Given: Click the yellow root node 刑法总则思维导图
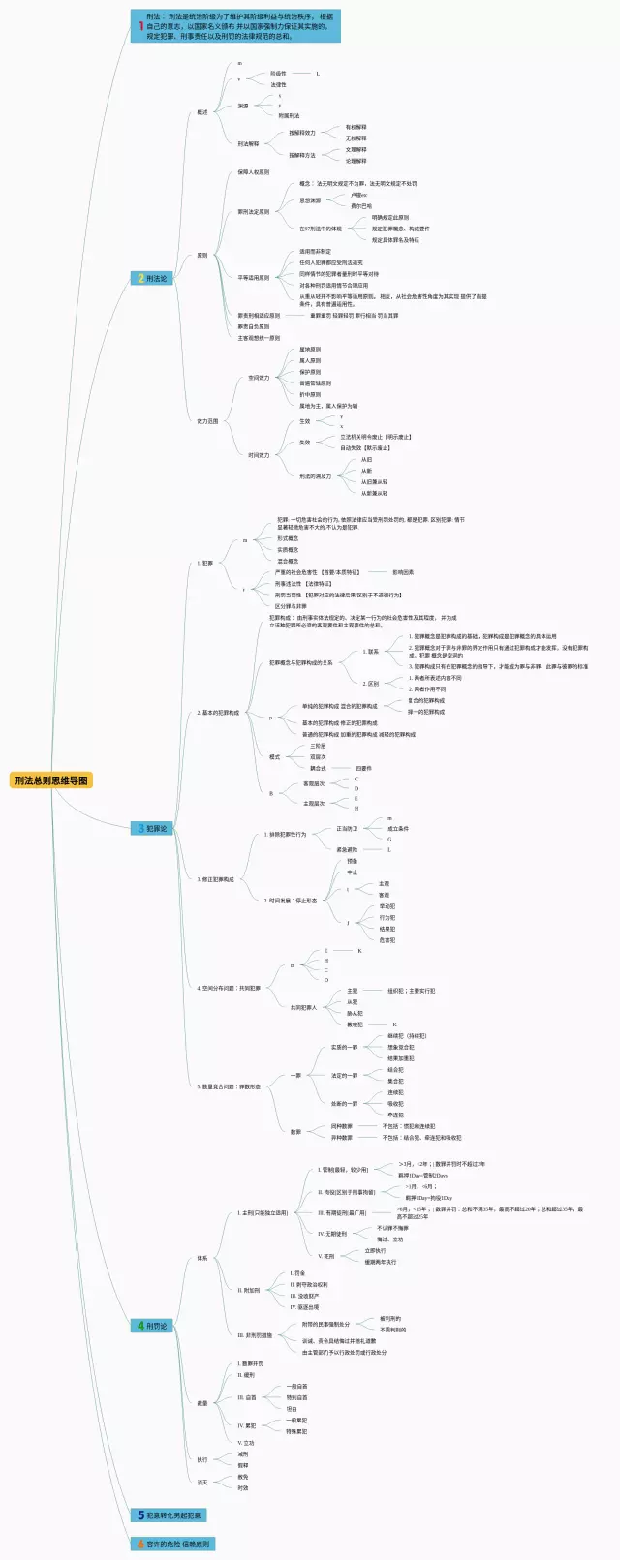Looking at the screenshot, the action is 52,780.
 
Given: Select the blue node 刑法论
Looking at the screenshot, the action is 152,279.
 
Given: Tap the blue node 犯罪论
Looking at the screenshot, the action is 152,829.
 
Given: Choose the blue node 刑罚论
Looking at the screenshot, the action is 152,1326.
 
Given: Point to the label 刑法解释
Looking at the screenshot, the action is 249,144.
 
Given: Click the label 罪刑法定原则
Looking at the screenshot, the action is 254,211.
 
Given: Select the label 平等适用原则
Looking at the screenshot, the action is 254,278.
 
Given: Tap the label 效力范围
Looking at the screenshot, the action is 208,421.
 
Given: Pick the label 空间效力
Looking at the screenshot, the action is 259,378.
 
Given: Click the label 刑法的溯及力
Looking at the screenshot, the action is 315,476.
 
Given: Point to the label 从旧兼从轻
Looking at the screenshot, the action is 374,493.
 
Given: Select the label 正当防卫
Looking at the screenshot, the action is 347,829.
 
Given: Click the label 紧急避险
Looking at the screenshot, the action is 347,850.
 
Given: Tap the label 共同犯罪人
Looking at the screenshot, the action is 303,1007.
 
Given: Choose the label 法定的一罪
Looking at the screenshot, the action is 344,1076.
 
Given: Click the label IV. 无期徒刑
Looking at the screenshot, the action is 332,1234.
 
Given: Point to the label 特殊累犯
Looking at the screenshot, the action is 296,1431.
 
